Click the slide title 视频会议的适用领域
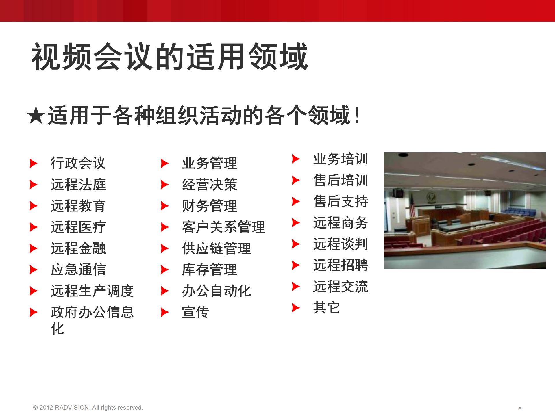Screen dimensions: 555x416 (x=170, y=57)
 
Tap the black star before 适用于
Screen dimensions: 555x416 (x=36, y=116)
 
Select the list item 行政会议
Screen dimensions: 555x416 (x=78, y=163)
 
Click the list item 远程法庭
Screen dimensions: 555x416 (x=78, y=185)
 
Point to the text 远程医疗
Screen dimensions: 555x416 (x=78, y=227)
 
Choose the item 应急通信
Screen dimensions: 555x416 (x=78, y=270)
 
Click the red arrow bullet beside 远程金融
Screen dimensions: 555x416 (x=34, y=248)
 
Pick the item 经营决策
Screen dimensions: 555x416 (x=209, y=185)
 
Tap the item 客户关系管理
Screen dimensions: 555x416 (x=223, y=227)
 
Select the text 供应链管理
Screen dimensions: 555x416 (x=216, y=248)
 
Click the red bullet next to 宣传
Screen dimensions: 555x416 (x=165, y=312)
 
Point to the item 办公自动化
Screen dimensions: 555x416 (x=216, y=291)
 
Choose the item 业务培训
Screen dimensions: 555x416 (x=341, y=159)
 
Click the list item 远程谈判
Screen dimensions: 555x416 (x=341, y=244)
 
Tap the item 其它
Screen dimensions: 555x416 (x=327, y=308)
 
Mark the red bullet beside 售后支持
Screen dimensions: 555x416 (x=296, y=201)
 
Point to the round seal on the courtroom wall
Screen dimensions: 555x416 (x=432, y=197)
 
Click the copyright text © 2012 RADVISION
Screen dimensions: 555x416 (x=88, y=408)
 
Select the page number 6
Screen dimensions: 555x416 (x=520, y=409)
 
